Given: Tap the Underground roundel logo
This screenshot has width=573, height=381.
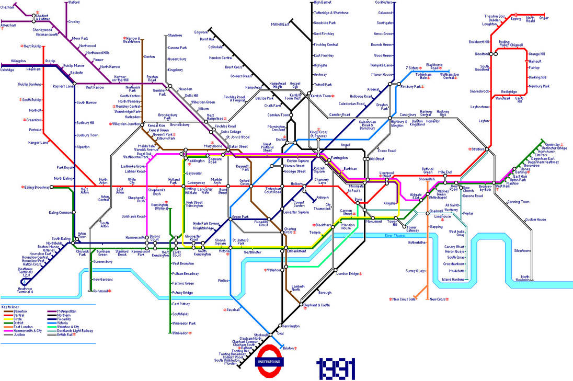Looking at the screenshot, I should pos(268,361).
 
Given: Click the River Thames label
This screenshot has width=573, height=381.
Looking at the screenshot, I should pos(395,236).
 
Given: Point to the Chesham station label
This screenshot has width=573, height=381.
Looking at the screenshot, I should pos(7,7).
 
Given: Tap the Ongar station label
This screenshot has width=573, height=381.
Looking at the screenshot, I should pos(544,18).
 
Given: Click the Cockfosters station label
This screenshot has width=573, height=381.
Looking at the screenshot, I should pos(384,3).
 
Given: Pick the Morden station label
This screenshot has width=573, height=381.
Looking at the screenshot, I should pos(230,363).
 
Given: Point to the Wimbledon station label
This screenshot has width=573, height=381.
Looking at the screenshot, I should pos(180,332).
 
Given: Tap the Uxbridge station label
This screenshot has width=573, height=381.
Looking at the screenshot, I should pos(7,70).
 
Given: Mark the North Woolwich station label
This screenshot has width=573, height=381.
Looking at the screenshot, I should pos(525,279).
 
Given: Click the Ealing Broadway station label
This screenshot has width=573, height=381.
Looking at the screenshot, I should pos(36,187).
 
